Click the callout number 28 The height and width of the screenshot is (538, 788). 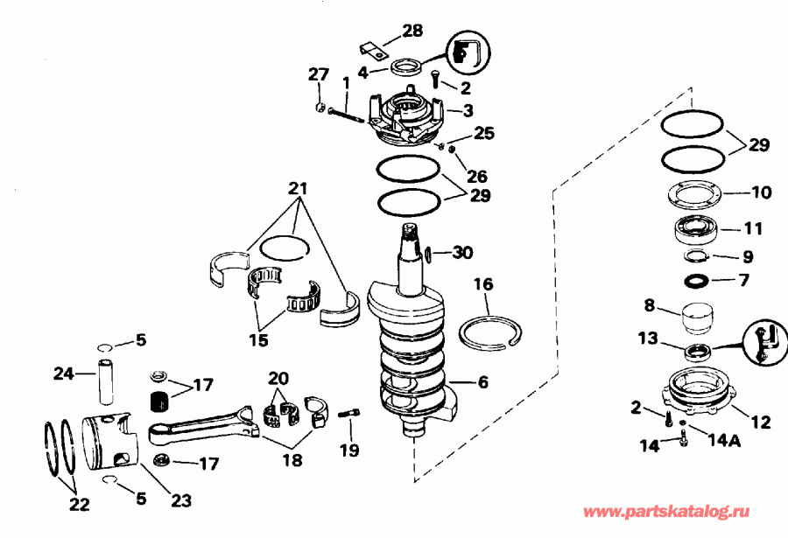[412, 31]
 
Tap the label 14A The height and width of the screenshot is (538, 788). [716, 442]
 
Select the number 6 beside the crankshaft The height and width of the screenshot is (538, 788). [482, 382]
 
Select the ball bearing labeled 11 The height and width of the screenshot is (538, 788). [698, 230]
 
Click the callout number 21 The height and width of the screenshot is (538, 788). [299, 189]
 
